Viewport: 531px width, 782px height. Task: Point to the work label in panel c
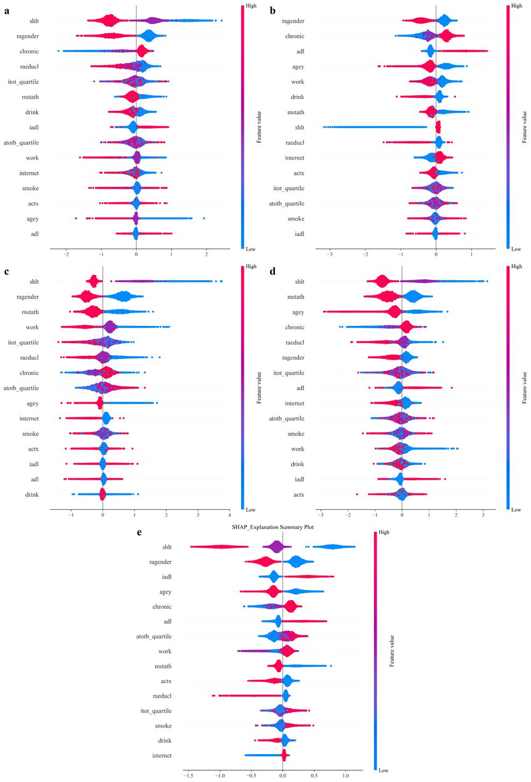pyautogui.click(x=32, y=327)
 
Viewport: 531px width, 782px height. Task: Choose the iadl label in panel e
pyautogui.click(x=166, y=577)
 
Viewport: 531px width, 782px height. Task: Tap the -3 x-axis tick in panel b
pyautogui.click(x=330, y=254)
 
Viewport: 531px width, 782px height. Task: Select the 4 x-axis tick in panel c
pyautogui.click(x=230, y=514)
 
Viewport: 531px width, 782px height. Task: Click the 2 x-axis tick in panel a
pyautogui.click(x=206, y=254)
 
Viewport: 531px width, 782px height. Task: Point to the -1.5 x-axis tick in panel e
pyautogui.click(x=188, y=776)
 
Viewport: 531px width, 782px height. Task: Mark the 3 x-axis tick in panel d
pyautogui.click(x=483, y=514)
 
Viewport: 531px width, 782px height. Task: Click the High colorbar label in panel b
pyautogui.click(x=516, y=6)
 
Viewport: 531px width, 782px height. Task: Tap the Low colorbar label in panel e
pyautogui.click(x=384, y=771)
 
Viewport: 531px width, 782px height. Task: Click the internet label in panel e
pyautogui.click(x=162, y=756)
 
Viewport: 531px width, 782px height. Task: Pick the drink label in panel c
pyautogui.click(x=31, y=494)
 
